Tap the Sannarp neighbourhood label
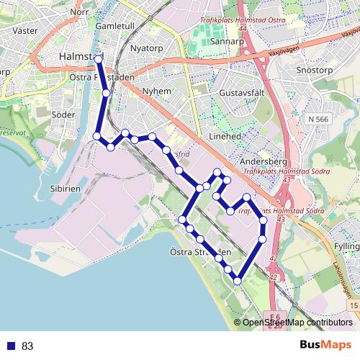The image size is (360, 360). pyautogui.click(x=228, y=42)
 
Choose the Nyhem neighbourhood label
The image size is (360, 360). pyautogui.click(x=157, y=91)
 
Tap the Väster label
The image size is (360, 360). pyautogui.click(x=25, y=32)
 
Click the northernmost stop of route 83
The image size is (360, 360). pyautogui.click(x=99, y=58)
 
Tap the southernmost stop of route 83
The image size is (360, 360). pyautogui.click(x=237, y=281)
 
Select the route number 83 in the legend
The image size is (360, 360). pyautogui.click(x=27, y=346)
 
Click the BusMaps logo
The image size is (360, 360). pyautogui.click(x=326, y=345)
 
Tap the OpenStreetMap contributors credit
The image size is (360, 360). pyautogui.click(x=296, y=323)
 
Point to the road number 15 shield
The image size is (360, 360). pyautogui.click(x=353, y=306)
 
